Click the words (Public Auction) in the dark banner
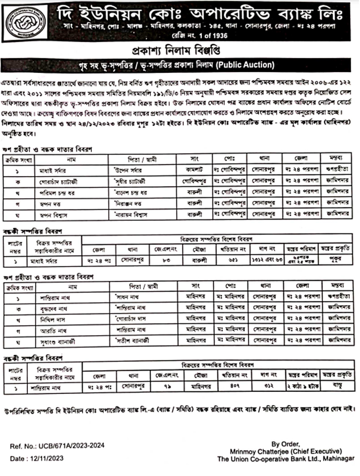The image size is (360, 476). pyautogui.click(x=245, y=66)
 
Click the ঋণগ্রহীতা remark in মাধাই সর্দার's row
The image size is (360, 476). pyautogui.click(x=338, y=170)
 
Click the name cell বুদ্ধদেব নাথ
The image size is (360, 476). pyautogui.click(x=53, y=309)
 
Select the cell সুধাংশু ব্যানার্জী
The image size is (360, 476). pyautogui.click(x=58, y=341)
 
